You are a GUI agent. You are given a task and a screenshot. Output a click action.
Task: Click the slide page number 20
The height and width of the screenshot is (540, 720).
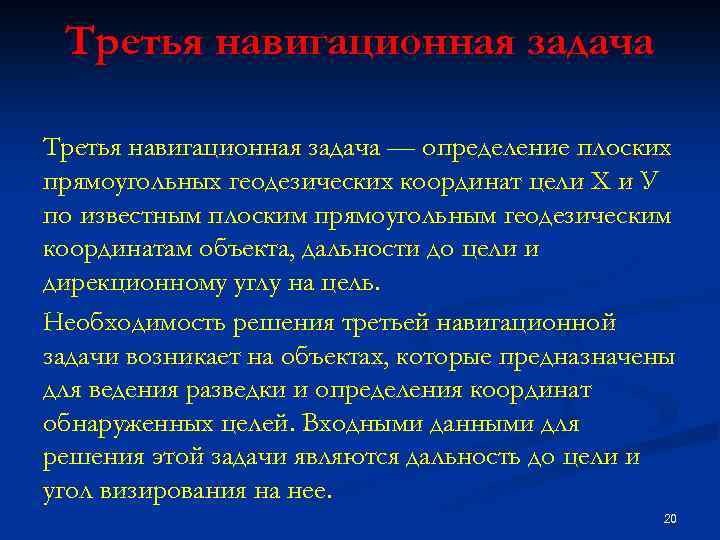[x=670, y=518]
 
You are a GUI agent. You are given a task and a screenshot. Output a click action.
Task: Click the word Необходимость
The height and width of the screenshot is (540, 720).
[x=133, y=324]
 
